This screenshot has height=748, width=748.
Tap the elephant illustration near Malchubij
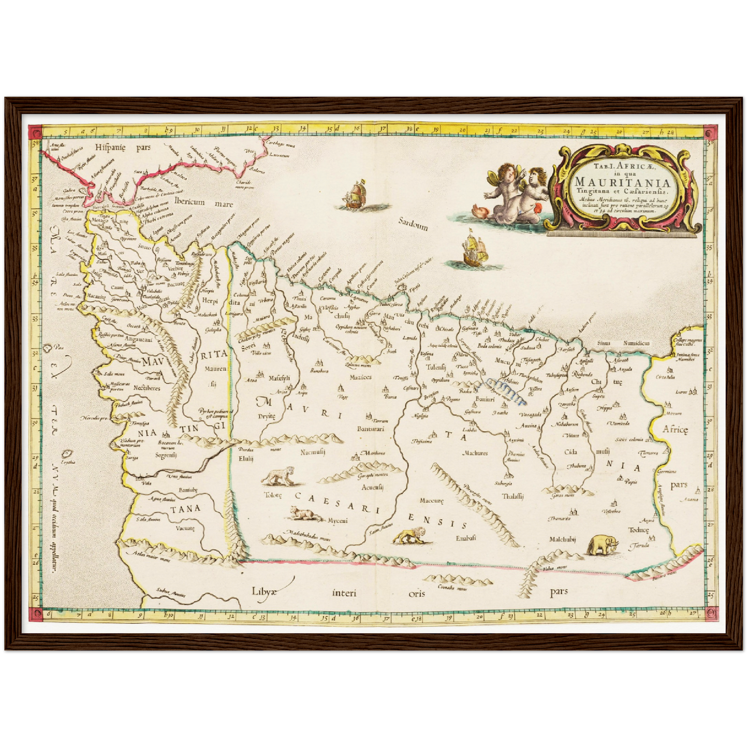coord(603,545)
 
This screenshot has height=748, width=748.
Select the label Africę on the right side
coord(676,429)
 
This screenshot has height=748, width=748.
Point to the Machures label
coord(475,453)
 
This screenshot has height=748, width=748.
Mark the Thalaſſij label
coord(512,496)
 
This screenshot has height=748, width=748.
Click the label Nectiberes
coord(147,388)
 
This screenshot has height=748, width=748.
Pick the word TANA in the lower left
coord(183,508)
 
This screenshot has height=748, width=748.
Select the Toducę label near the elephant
coord(638,530)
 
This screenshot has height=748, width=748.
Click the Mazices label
coord(361,377)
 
